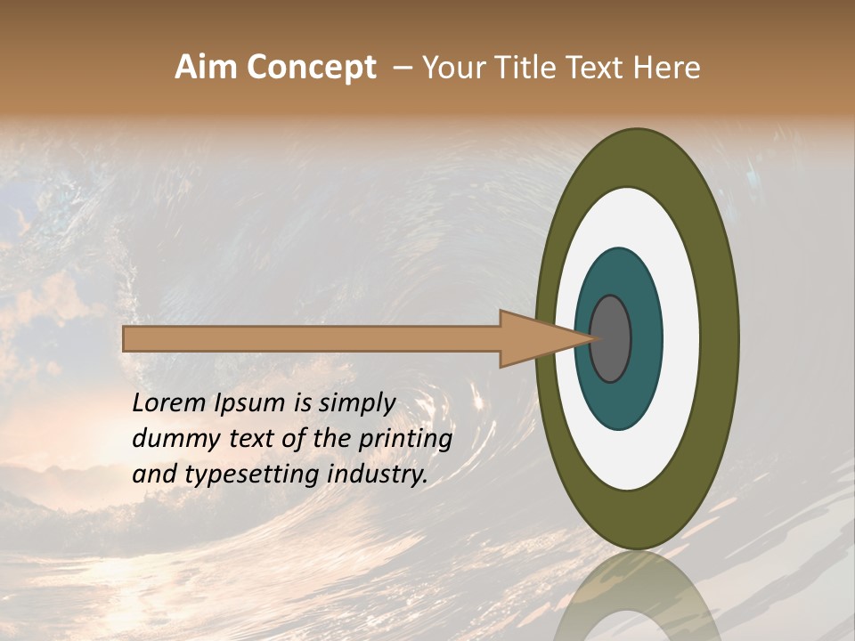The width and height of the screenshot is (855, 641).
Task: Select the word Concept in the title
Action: (312, 68)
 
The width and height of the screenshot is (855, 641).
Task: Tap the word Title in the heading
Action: (532, 68)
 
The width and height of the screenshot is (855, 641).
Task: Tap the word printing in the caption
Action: (404, 440)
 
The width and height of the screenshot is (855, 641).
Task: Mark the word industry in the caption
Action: (377, 475)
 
